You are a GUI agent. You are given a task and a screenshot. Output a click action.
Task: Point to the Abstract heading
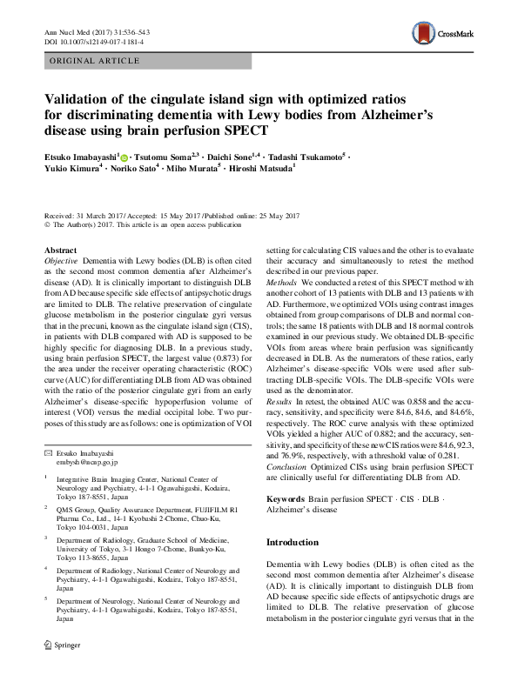(x=60, y=250)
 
